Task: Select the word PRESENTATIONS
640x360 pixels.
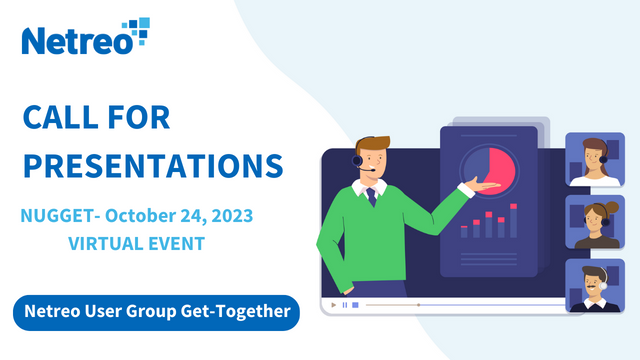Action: coord(153,165)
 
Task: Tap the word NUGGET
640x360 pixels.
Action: coord(56,215)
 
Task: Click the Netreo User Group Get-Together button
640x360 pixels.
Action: coord(157,313)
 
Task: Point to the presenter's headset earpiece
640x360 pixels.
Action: coord(358,160)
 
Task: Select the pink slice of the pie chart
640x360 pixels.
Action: coord(499,169)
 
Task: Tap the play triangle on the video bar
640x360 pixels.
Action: coord(331,304)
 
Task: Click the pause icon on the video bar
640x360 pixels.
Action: coord(344,304)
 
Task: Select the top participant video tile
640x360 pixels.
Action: coord(595,159)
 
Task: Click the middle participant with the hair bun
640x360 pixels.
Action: coord(595,223)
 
